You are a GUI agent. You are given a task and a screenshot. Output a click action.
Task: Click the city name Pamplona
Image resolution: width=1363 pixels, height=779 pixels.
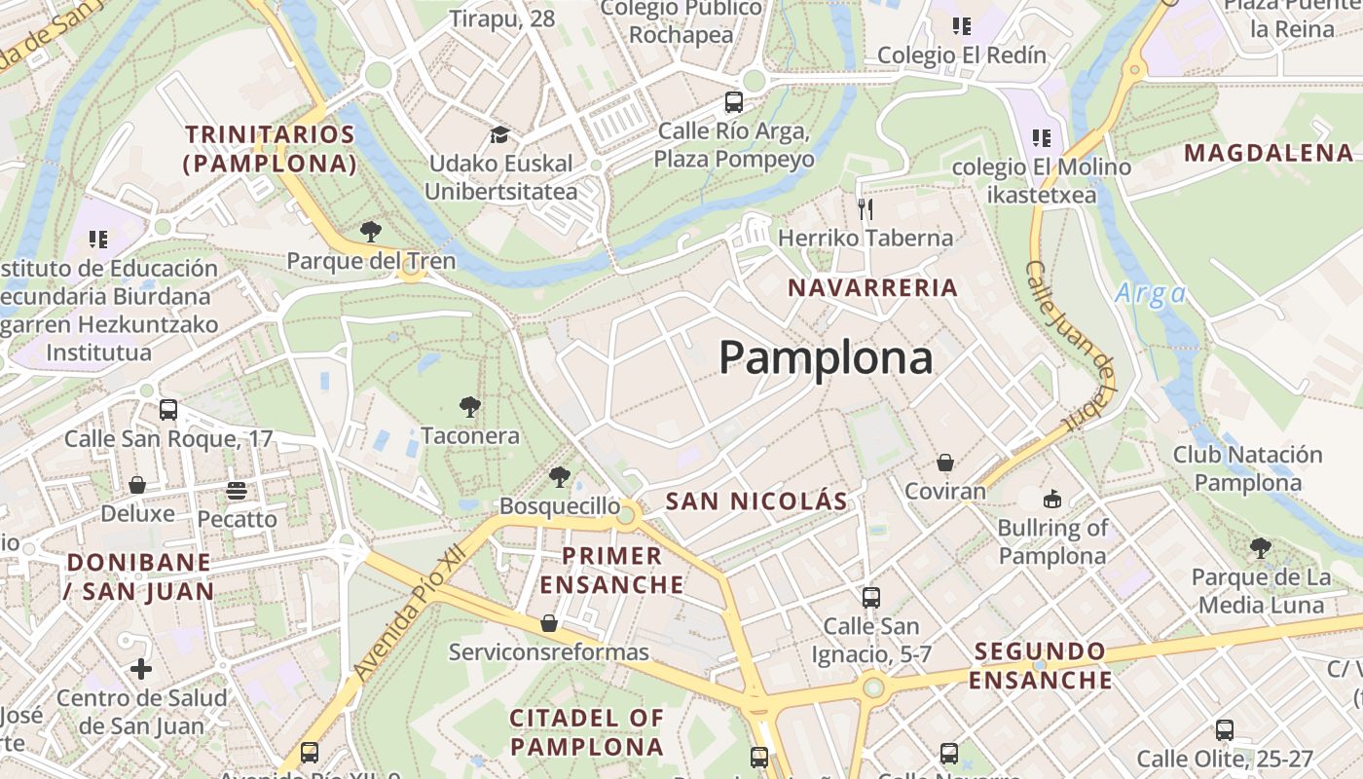826,358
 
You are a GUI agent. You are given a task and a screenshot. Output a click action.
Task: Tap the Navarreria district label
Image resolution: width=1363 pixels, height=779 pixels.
873,288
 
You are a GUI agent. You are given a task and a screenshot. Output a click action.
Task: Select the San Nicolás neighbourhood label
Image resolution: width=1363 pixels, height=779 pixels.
756,501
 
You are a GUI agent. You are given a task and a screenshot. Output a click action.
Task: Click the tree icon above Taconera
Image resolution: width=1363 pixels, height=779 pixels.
469,406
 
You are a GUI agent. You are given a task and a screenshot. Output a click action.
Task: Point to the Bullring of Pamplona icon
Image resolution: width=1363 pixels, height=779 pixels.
1052,500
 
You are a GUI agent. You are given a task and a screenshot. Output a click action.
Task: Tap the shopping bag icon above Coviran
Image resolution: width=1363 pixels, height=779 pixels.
944,463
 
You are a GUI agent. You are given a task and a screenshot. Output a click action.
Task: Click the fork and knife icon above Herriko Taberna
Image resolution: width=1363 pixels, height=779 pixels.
865,208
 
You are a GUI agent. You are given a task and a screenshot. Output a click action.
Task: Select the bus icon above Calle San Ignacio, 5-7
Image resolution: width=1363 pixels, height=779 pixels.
871,597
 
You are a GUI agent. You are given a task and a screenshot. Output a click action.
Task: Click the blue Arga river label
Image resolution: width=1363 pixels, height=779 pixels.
1151,293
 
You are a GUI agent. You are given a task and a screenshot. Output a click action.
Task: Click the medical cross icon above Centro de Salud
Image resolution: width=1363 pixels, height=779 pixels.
141,669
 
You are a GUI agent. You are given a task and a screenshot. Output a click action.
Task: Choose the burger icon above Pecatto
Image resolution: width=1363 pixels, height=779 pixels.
237,491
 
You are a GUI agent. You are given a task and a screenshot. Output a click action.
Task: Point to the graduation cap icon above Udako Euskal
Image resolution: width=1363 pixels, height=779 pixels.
499,135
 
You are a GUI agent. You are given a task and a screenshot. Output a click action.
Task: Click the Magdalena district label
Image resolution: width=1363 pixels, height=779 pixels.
1269,153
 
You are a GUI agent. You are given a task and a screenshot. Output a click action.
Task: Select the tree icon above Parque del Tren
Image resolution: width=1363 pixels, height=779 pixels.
370,232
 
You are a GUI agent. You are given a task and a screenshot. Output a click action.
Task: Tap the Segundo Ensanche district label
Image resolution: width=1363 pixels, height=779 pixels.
1040,665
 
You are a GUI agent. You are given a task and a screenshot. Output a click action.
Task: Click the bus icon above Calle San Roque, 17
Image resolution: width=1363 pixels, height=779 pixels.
168,410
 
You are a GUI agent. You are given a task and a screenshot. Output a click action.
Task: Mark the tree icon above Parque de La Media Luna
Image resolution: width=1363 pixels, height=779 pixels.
1261,548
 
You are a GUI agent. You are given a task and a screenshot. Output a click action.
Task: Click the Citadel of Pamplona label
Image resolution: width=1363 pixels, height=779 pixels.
587,732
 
